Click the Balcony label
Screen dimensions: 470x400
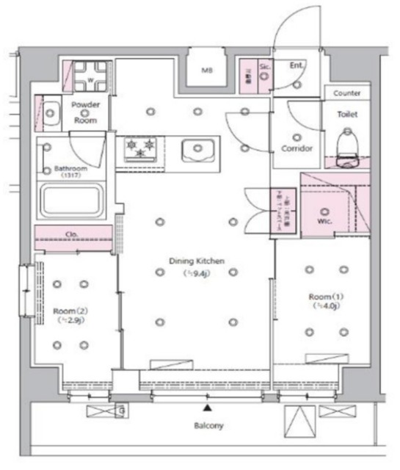tap(209, 425)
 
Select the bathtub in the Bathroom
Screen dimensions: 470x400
tap(72, 200)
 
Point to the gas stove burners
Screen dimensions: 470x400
tap(139, 147)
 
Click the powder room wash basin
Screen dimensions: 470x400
tap(51, 112)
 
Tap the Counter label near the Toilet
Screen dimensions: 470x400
tap(346, 94)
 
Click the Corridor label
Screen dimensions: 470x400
tap(297, 148)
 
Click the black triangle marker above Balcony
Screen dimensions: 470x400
tap(208, 408)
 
